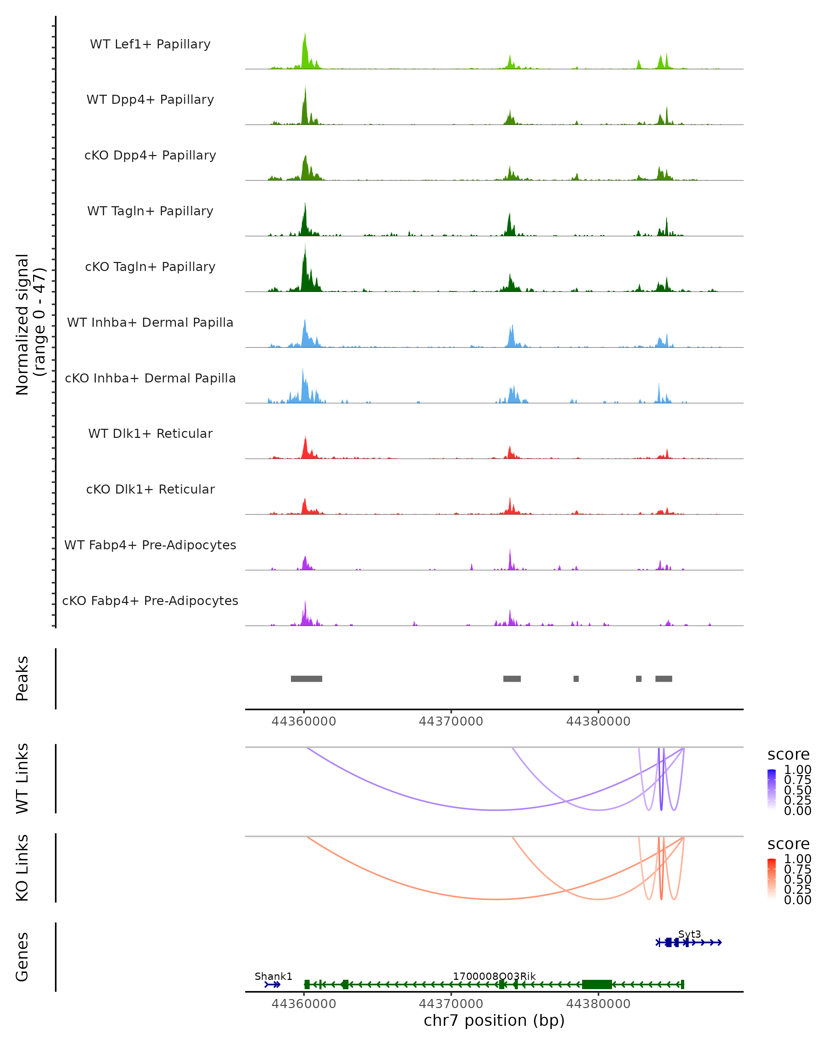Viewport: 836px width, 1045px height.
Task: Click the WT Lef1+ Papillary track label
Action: (150, 44)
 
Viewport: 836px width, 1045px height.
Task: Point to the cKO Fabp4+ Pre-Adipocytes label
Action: (150, 601)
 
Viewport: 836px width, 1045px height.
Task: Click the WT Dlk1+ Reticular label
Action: (150, 434)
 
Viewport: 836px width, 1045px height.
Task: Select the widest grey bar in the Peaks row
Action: (306, 679)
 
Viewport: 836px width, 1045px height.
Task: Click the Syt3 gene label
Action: (689, 934)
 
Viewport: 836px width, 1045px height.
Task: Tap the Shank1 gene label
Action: (273, 976)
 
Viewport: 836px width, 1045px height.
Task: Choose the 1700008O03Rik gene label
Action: (494, 976)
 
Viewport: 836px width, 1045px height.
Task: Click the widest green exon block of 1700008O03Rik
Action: (597, 984)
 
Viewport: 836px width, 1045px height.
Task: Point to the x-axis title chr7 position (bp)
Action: (494, 1020)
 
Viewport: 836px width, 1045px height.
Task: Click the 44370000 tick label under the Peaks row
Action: (451, 721)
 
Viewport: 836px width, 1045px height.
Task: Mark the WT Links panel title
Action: (22, 779)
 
